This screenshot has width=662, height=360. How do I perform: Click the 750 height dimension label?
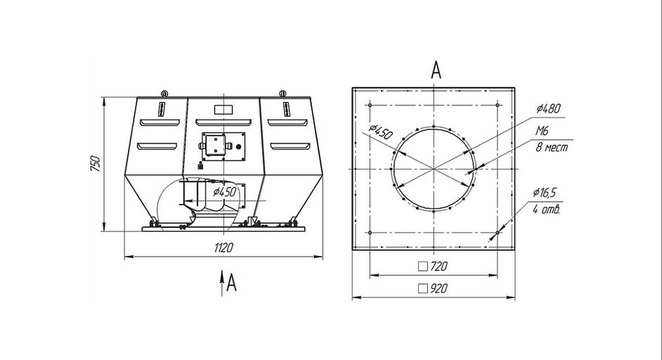[96, 164]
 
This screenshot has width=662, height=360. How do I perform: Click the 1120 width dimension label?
[223, 247]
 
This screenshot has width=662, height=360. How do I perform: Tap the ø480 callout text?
[549, 108]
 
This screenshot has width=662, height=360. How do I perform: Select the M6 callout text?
[542, 131]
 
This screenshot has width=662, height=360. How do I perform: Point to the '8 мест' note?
[552, 148]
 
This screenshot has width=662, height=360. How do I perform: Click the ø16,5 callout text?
[544, 193]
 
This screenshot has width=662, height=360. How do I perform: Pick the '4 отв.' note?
[546, 209]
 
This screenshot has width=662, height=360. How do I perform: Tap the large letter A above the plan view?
[436, 70]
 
